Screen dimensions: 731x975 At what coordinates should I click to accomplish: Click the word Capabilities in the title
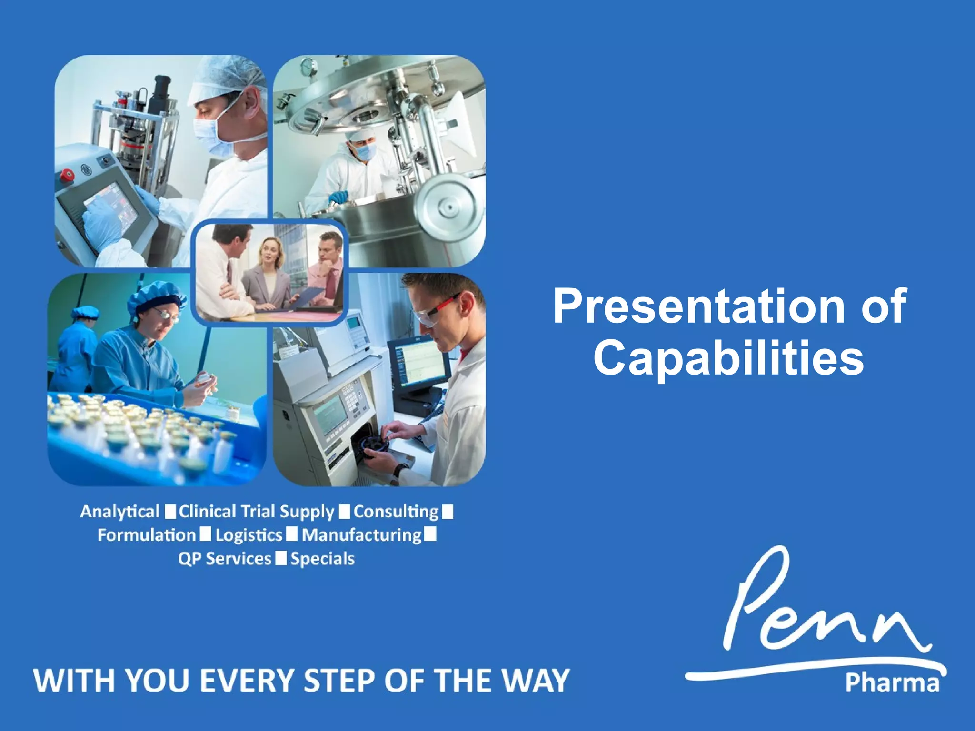[x=728, y=358]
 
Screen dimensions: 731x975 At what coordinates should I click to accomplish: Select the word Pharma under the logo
[x=892, y=683]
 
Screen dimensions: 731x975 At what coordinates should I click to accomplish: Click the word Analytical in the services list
[x=120, y=512]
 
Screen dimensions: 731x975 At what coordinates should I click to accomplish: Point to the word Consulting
[x=396, y=512]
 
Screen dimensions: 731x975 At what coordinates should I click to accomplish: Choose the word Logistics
[x=249, y=535]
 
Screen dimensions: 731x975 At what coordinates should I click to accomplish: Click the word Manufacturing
[x=362, y=535]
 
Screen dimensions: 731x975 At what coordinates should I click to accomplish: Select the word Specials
[x=322, y=559]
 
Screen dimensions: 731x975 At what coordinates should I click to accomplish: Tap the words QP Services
[x=225, y=559]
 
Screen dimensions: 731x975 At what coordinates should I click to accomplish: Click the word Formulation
[x=147, y=535]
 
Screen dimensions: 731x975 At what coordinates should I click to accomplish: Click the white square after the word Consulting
[x=448, y=512]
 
